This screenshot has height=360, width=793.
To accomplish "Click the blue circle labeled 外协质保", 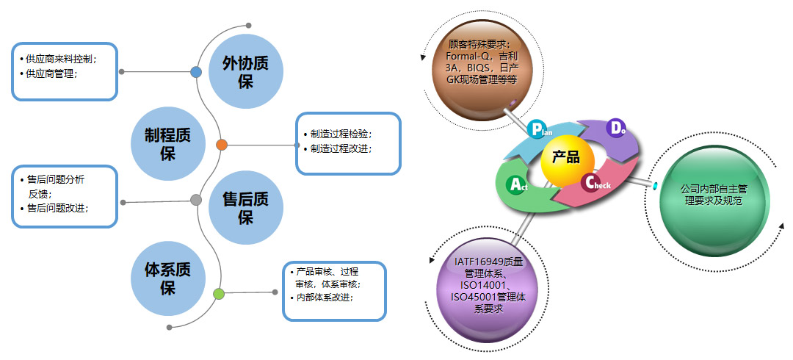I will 245,71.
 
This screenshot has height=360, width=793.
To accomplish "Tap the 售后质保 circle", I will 245,208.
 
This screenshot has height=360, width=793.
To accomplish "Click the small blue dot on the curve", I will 196,72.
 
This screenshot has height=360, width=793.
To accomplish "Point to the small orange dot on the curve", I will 222,145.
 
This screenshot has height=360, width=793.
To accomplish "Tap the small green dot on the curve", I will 218,295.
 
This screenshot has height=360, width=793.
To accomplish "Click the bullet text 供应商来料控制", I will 62,58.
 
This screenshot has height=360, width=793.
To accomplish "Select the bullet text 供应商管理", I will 52,73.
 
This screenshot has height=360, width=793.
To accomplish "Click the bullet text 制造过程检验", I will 341,134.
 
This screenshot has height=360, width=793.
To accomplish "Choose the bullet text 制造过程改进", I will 341,149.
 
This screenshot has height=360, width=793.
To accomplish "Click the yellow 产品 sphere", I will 565,161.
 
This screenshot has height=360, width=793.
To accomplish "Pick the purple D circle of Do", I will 616,128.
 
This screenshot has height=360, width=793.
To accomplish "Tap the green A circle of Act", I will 517,184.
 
